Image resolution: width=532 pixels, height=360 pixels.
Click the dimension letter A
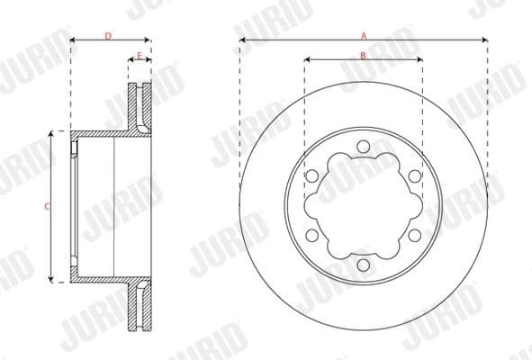click(x=364, y=36)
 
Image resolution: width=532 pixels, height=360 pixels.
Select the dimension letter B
click(x=363, y=56)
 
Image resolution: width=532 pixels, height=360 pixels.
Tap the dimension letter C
click(x=47, y=207)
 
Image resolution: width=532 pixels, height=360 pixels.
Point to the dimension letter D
click(x=108, y=36)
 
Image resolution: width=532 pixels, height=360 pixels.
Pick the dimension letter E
click(x=140, y=56)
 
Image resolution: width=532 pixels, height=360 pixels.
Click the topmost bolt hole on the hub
click(x=363, y=147)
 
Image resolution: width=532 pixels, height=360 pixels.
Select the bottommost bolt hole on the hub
click(x=363, y=265)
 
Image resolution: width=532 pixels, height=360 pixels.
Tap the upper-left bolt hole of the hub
click(x=311, y=176)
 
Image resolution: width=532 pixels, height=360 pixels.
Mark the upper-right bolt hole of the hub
click(x=414, y=176)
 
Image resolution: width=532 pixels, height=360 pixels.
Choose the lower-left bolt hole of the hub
click(x=311, y=235)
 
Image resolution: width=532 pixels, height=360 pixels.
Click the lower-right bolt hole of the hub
click(x=414, y=235)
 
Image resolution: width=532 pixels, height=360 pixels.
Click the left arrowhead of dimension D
click(x=73, y=41)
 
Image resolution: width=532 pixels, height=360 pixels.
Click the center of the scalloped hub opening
click(x=363, y=206)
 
